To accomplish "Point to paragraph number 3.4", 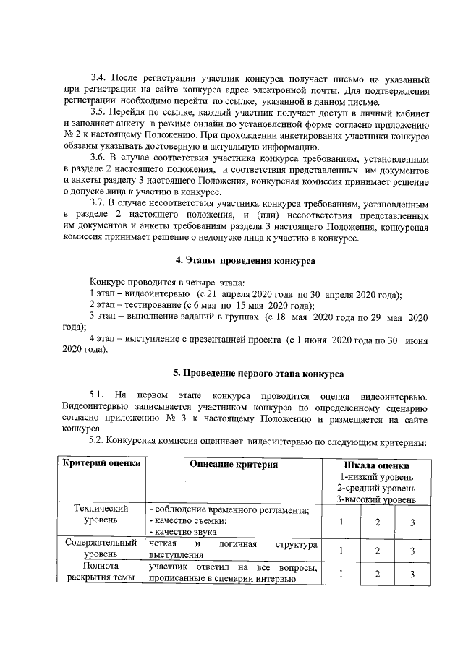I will coord(99,78).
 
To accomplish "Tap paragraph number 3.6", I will coord(99,158).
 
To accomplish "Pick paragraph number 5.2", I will coord(98,440).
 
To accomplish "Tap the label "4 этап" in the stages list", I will coord(104,339).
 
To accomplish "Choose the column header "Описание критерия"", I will coord(234,465).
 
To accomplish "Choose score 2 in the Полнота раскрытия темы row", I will coord(377,574).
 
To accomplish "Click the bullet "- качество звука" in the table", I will coord(177,532).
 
